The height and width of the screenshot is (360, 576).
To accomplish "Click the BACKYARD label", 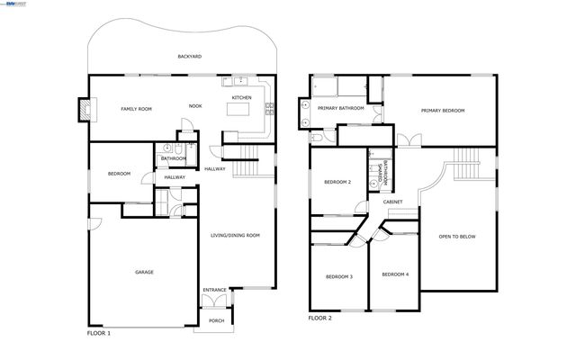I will click(x=189, y=57).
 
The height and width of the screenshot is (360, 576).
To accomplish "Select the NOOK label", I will click(x=195, y=106).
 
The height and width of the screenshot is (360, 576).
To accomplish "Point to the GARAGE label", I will click(x=144, y=272).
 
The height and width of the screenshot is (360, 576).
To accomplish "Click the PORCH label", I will click(x=216, y=320).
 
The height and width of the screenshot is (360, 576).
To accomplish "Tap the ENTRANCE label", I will click(x=214, y=290).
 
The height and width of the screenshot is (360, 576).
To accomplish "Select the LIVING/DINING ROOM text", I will click(x=235, y=236).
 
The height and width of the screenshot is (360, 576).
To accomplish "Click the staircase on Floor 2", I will click(x=466, y=164).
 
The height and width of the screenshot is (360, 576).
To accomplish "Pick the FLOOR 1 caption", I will click(x=98, y=333).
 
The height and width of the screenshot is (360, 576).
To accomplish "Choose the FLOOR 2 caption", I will click(x=319, y=318).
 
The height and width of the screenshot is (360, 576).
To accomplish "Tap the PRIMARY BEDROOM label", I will click(x=443, y=110).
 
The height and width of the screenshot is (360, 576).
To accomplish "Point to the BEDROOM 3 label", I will click(x=338, y=276).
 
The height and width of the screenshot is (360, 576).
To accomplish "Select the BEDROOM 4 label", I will click(x=394, y=274).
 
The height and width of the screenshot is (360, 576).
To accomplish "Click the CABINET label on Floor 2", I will click(x=392, y=202).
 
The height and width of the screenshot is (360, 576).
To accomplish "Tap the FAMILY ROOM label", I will click(x=137, y=109).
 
